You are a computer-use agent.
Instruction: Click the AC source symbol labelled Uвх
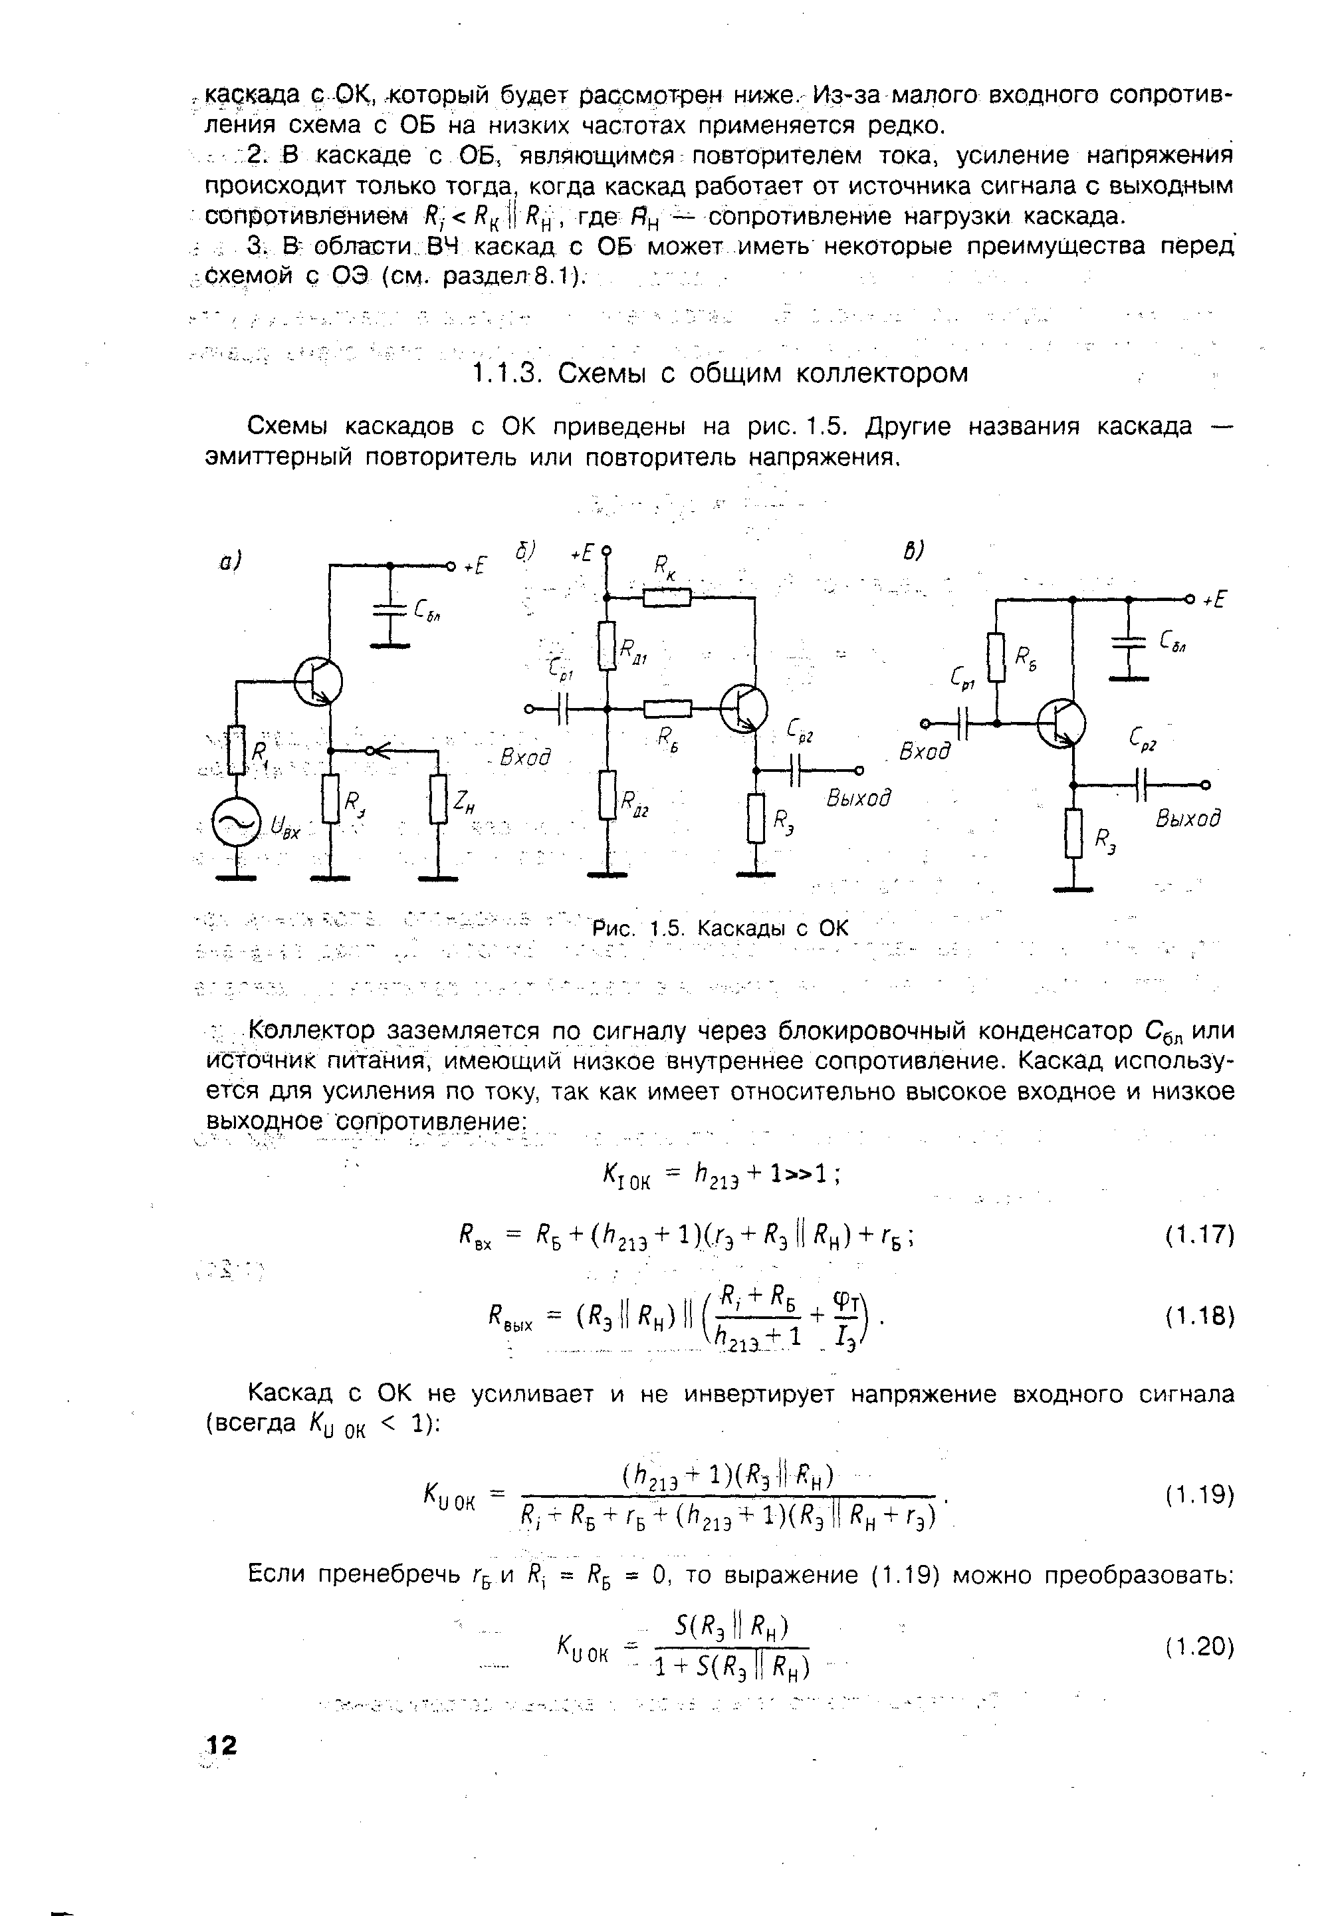236,824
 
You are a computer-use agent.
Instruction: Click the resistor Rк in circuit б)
667,597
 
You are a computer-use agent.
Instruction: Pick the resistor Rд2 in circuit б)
608,795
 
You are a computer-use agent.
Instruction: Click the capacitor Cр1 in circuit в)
964,723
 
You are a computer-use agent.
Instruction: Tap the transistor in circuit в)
1061,723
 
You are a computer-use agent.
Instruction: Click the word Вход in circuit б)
525,759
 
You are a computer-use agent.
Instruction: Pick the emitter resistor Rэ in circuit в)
1073,832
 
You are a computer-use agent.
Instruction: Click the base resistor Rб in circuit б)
667,709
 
